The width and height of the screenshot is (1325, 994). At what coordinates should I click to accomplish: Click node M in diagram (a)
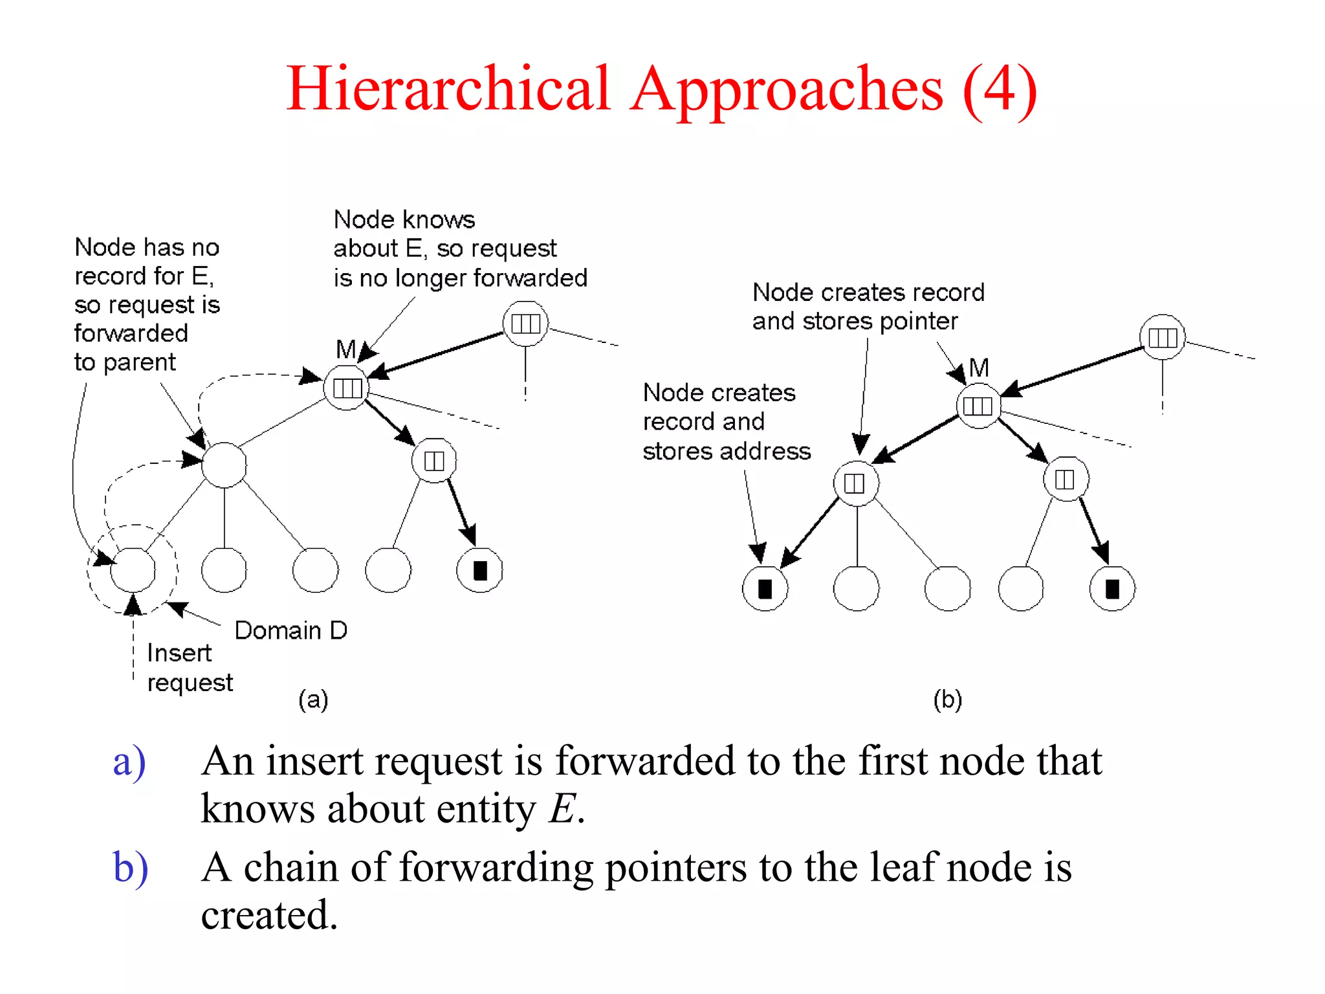pos(347,388)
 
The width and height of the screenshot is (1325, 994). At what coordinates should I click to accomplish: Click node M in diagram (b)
pos(978,406)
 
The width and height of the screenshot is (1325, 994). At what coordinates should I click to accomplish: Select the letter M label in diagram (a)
pos(345,349)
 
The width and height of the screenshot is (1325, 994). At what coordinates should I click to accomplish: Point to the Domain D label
pos(290,630)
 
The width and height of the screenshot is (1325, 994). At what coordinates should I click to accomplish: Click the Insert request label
pos(189,668)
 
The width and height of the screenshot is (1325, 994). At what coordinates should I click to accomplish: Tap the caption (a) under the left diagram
pos(313,700)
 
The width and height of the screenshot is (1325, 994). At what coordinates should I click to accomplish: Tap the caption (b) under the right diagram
pos(947,700)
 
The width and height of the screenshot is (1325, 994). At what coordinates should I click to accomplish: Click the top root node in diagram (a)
pos(525,323)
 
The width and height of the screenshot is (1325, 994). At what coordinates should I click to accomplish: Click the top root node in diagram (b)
pos(1162,337)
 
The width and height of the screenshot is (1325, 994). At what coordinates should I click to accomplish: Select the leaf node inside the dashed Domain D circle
pos(133,570)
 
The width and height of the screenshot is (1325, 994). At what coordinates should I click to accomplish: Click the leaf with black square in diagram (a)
pos(479,570)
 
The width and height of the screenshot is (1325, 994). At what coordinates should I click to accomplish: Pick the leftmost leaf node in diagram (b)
pos(765,588)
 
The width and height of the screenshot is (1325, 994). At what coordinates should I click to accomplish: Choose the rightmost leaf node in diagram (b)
pos(1112,588)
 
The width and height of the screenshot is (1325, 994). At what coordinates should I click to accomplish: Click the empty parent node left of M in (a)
pos(224,465)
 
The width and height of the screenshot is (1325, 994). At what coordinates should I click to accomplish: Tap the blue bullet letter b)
pos(130,867)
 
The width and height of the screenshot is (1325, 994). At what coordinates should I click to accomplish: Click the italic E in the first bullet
pos(562,809)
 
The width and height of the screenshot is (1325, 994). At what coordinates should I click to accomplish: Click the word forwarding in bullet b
pos(496,867)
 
